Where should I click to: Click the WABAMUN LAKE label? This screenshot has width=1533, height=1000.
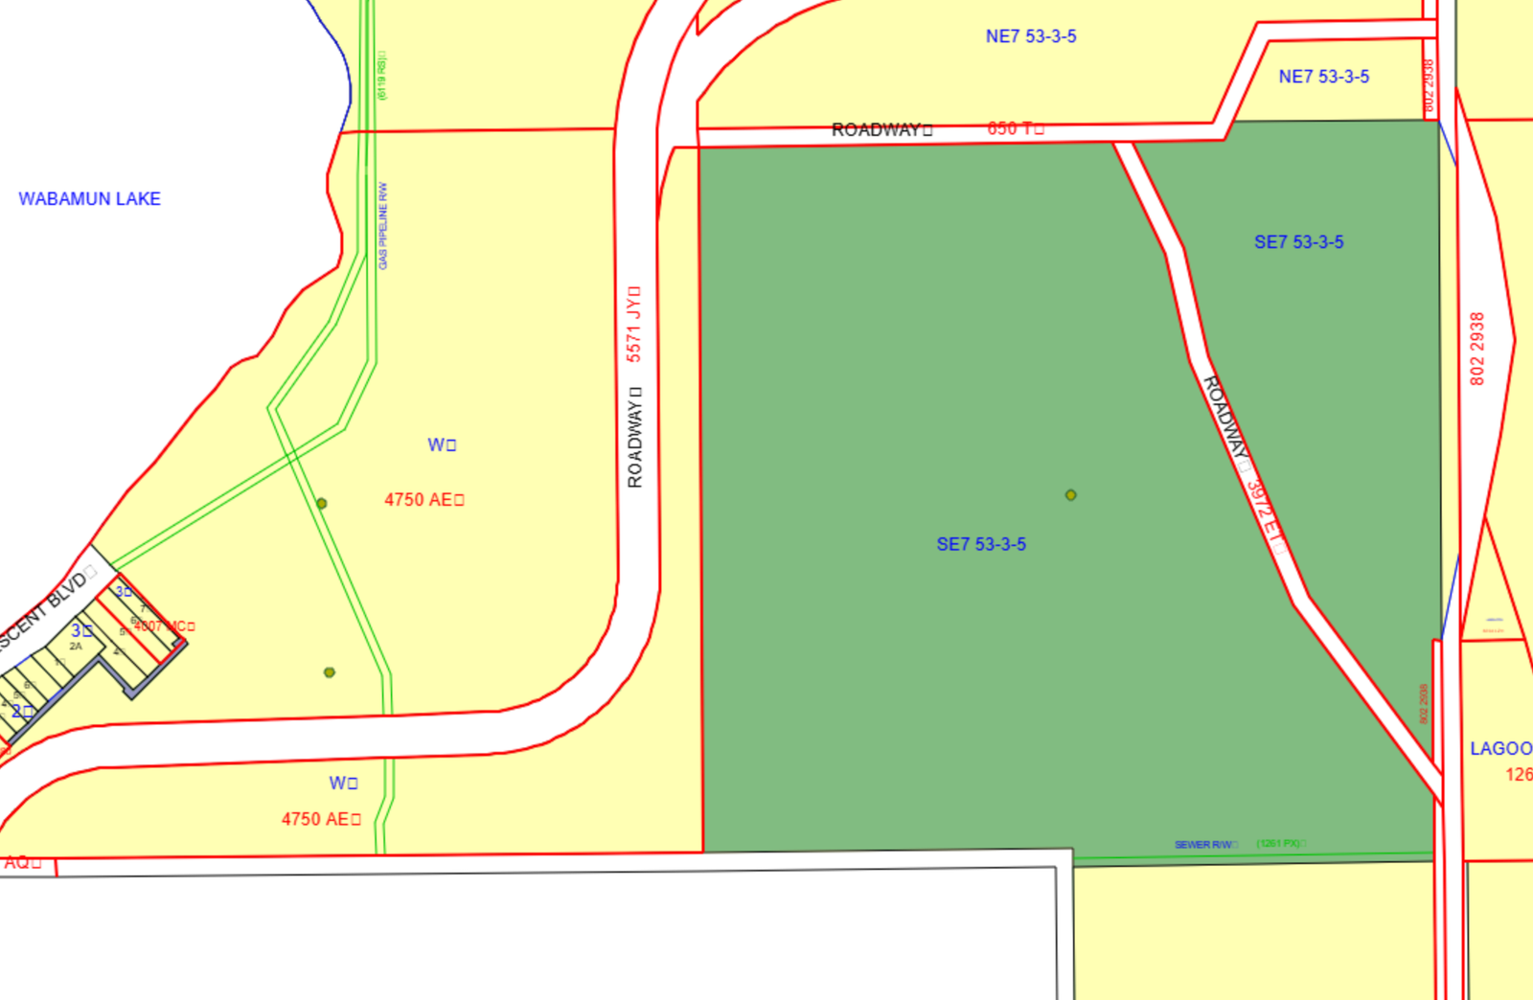point(89,199)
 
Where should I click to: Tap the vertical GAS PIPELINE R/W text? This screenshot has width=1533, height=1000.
point(383,225)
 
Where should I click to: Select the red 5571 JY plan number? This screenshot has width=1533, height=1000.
point(633,324)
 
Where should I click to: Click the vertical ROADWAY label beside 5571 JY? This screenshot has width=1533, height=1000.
point(634,437)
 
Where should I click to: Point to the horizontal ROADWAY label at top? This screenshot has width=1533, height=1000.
point(881,129)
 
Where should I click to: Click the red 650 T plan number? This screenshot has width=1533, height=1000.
point(1015,128)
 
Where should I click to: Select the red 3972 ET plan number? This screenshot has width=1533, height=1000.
point(1265,515)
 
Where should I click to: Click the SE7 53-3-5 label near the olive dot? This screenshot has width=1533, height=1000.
point(981,544)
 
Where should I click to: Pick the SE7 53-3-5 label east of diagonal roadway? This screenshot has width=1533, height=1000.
point(1298,242)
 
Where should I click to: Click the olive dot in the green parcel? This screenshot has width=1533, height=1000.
point(1071,495)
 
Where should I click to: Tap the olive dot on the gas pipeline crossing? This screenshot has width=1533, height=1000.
point(322,503)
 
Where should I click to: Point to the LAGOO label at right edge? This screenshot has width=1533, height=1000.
point(1500,748)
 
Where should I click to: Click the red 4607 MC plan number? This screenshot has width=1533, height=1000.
point(164,626)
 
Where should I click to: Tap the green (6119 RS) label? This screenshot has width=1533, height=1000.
point(382,76)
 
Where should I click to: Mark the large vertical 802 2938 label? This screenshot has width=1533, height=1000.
point(1476,349)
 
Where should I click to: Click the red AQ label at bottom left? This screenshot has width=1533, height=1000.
point(22,862)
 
